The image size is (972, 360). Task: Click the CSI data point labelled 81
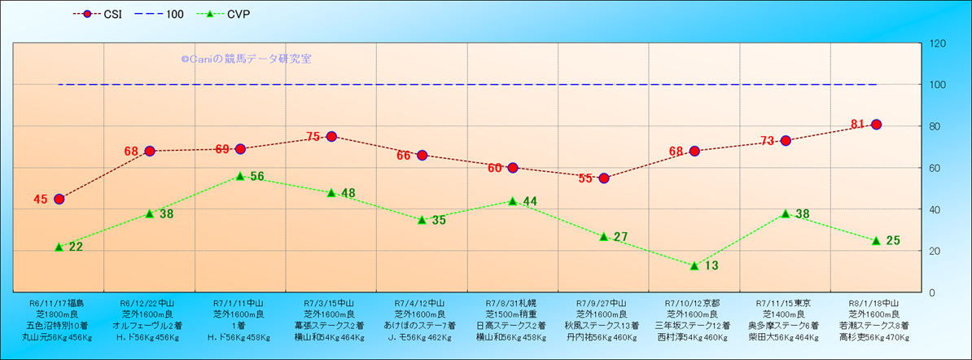pyautogui.click(x=876, y=125)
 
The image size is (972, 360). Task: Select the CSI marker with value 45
pyautogui.click(x=59, y=199)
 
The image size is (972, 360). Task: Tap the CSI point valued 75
pyautogui.click(x=331, y=136)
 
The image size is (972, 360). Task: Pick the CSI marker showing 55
pyautogui.click(x=604, y=178)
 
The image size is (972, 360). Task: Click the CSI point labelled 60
pyautogui.click(x=513, y=168)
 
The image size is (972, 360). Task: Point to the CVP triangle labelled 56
pyautogui.click(x=240, y=176)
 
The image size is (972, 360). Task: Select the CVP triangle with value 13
pyautogui.click(x=694, y=266)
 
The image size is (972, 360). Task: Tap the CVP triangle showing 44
pyautogui.click(x=513, y=201)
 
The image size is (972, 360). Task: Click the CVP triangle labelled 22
pyautogui.click(x=59, y=247)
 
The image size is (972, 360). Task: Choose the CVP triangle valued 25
pyautogui.click(x=876, y=240)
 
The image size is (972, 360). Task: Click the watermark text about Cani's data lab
pyautogui.click(x=245, y=59)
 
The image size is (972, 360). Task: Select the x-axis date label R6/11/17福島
pyautogui.click(x=59, y=302)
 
